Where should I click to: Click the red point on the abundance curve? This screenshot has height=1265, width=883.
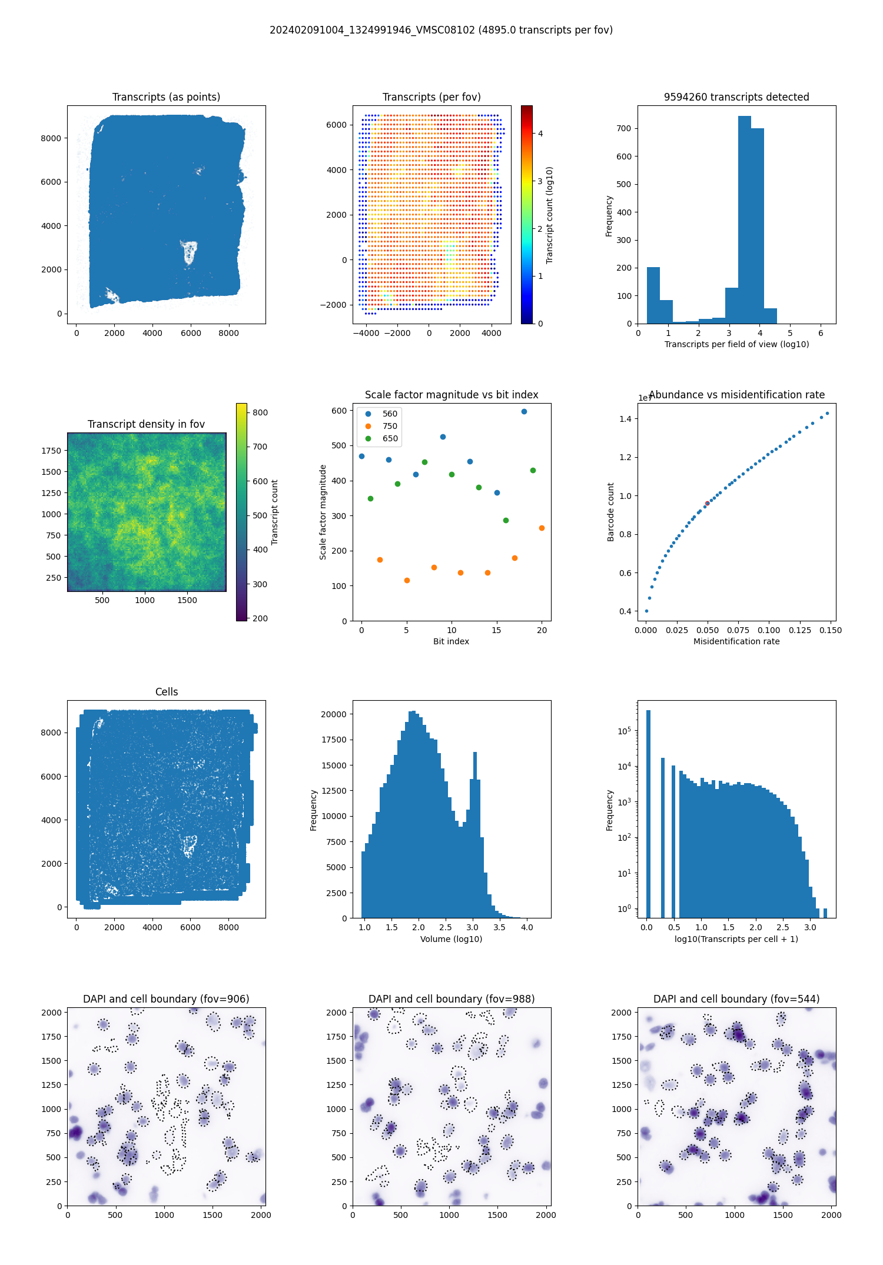[x=707, y=503]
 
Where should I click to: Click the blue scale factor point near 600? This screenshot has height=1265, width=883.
[x=524, y=411]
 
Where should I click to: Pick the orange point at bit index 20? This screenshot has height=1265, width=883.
[x=542, y=528]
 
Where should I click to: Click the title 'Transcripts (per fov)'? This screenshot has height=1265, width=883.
[x=431, y=97]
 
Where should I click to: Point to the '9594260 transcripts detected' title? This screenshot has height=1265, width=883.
[x=736, y=97]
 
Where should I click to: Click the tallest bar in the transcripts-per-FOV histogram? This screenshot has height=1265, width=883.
[x=745, y=220]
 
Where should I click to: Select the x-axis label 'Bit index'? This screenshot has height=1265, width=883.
[x=451, y=641]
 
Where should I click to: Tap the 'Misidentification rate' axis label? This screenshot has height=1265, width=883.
[x=736, y=641]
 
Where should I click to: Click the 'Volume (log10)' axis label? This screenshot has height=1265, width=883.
[x=451, y=939]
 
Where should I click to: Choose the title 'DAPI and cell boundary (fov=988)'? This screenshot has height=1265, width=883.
[x=452, y=999]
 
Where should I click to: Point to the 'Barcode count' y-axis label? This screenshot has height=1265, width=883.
[x=610, y=512]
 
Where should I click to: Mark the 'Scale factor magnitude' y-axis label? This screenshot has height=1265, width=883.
[x=323, y=512]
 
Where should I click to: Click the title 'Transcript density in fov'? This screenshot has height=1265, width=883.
[x=146, y=424]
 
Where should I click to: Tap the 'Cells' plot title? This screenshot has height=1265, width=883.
[x=167, y=692]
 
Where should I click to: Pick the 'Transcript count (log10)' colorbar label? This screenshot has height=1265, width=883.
[x=549, y=215]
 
